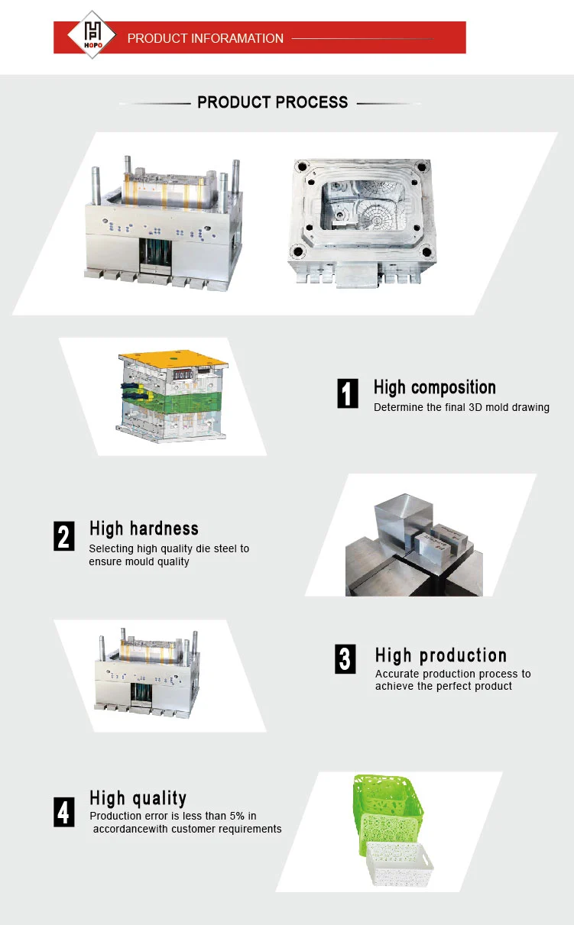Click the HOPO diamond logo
(92, 34)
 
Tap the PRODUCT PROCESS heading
(272, 102)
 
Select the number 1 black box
(348, 393)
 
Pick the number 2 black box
(64, 536)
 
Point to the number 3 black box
(345, 659)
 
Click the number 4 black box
(64, 812)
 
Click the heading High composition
(435, 388)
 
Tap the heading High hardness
(144, 529)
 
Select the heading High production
(441, 655)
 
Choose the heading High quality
(138, 799)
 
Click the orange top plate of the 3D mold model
(173, 359)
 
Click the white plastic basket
(400, 862)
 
